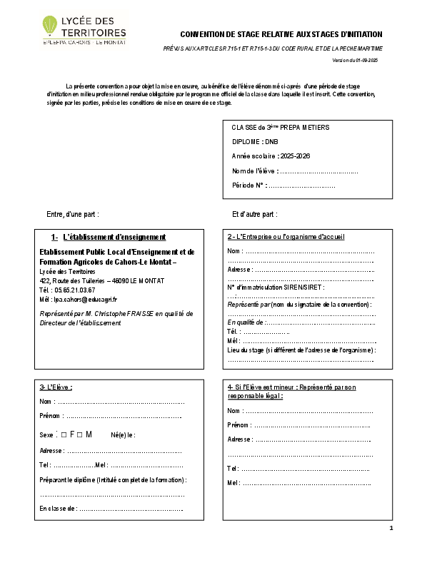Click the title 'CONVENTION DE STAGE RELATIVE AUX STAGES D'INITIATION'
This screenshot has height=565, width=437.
tap(281, 34)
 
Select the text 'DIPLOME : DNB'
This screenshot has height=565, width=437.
tap(253, 141)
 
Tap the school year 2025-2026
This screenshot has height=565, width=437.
tap(295, 156)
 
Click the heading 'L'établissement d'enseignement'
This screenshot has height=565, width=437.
tap(114, 237)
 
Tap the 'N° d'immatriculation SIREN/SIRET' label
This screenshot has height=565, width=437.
tap(275, 287)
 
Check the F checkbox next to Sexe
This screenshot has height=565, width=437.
tap(64, 434)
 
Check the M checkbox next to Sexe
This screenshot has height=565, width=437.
tap(80, 434)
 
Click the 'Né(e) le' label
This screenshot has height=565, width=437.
tap(123, 435)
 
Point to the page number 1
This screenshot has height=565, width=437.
tap(391, 528)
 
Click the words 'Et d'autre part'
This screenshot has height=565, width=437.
tap(254, 214)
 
